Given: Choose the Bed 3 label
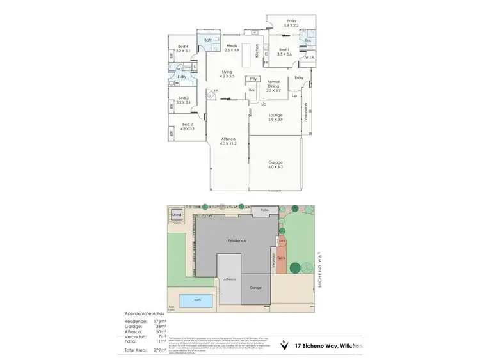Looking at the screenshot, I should [184, 100].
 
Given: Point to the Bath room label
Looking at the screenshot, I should [209, 40].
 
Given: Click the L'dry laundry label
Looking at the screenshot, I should [182, 77].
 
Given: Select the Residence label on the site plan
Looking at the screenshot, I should [237, 240].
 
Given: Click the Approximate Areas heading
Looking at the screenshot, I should [144, 314].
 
